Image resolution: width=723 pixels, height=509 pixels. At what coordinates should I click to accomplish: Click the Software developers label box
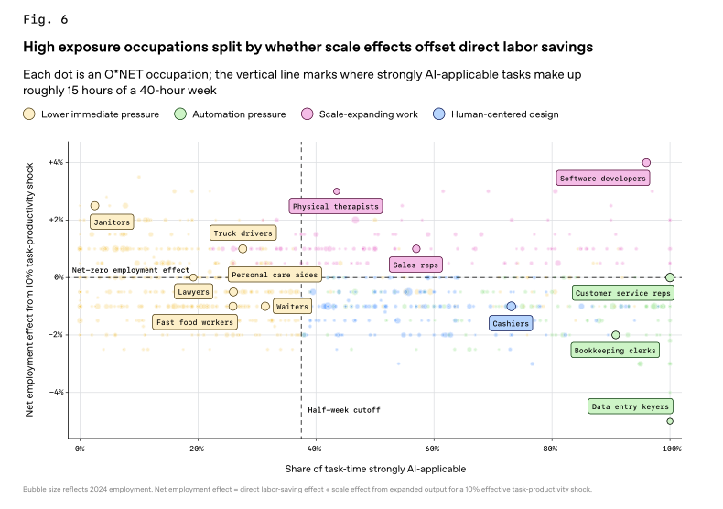602,179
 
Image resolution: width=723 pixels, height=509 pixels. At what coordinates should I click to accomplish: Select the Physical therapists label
335,206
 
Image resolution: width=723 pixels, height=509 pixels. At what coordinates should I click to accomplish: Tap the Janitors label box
112,222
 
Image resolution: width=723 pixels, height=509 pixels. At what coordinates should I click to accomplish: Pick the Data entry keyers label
631,406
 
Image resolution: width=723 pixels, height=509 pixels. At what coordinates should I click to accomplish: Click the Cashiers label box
510,323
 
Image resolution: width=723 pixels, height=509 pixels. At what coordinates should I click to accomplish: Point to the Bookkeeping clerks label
614,350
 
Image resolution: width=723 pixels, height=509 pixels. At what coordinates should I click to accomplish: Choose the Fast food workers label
195,321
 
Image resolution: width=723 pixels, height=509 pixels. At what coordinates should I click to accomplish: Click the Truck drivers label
243,233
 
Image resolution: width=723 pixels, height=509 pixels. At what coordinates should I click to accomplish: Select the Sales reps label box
415,265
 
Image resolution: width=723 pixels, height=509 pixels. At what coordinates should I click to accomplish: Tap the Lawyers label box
193,292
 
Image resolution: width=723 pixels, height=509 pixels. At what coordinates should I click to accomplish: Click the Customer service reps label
623,293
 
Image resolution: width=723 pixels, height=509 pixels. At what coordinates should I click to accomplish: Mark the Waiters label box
292,305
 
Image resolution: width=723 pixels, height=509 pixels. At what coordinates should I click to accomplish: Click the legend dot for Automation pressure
180,114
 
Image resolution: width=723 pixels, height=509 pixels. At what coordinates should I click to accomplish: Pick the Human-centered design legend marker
440,114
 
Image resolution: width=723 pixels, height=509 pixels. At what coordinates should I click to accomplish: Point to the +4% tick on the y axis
57,163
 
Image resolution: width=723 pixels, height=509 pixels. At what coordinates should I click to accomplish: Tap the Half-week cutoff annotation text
343,410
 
